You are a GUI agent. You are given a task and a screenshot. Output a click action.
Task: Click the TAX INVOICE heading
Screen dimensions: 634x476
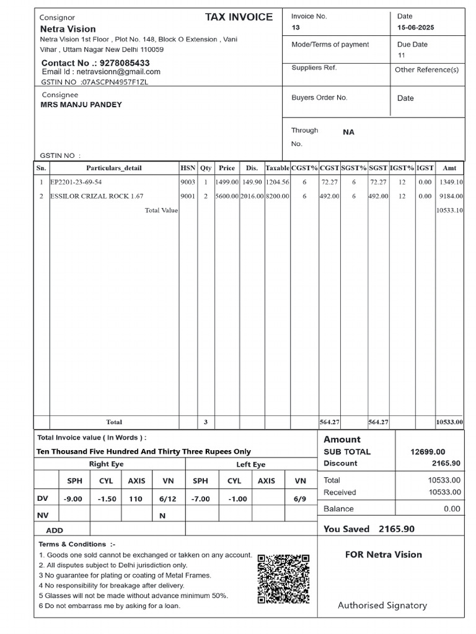pyautogui.click(x=239, y=17)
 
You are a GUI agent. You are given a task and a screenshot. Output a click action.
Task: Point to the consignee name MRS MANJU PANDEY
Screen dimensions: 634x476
pyautogui.click(x=81, y=105)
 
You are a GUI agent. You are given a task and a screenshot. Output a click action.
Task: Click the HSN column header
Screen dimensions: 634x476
pyautogui.click(x=188, y=168)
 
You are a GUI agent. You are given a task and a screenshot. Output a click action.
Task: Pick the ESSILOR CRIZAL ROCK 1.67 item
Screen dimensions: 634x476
pyautogui.click(x=97, y=196)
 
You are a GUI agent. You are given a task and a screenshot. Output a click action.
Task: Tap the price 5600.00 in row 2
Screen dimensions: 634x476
pyautogui.click(x=227, y=196)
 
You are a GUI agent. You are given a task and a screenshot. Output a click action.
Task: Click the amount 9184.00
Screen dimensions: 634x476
pyautogui.click(x=451, y=196)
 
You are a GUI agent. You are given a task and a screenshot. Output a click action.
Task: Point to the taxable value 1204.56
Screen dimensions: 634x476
pyautogui.click(x=277, y=183)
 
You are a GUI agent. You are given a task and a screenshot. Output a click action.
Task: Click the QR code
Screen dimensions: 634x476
pyautogui.click(x=283, y=579)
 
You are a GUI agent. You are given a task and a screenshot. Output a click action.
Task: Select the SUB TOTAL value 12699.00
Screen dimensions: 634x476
pyautogui.click(x=428, y=452)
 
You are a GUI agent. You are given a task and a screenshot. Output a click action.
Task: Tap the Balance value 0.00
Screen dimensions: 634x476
pyautogui.click(x=452, y=509)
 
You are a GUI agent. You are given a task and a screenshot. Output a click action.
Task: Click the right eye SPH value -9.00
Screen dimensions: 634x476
pyautogui.click(x=73, y=499)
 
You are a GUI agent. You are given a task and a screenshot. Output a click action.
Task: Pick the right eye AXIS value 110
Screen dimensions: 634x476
pyautogui.click(x=136, y=499)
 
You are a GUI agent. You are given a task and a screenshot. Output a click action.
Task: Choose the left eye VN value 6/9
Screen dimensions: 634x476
pyautogui.click(x=301, y=499)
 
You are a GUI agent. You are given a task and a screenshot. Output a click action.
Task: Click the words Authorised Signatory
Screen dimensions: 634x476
pyautogui.click(x=382, y=606)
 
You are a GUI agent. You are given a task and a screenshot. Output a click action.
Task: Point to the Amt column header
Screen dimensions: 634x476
pyautogui.click(x=449, y=168)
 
